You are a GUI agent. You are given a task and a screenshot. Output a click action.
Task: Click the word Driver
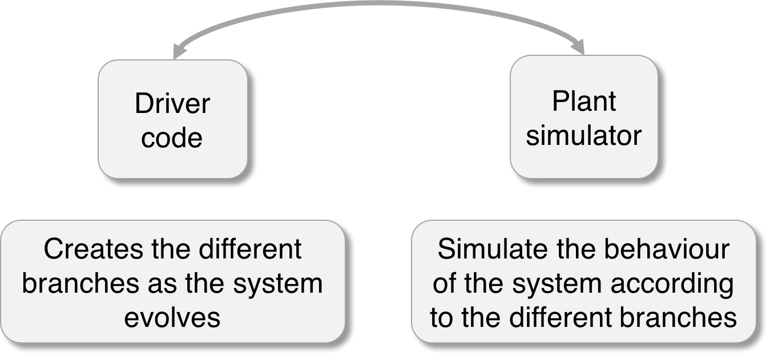pyautogui.click(x=172, y=104)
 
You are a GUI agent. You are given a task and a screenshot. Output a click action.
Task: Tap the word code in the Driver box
pyautogui.click(x=172, y=138)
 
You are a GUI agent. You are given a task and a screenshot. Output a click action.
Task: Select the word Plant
pyautogui.click(x=584, y=102)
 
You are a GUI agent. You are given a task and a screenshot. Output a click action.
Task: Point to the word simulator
pyautogui.click(x=584, y=136)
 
